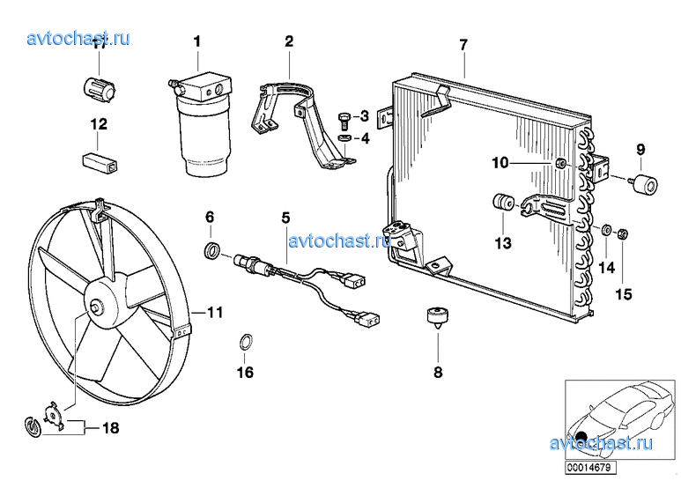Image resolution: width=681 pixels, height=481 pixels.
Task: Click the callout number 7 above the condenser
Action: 463,44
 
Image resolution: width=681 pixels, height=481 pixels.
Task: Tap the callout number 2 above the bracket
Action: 289,41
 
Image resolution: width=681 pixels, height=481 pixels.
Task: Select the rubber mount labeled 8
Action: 437,315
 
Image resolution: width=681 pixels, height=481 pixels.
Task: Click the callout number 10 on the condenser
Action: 500,162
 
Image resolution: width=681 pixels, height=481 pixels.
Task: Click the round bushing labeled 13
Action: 503,202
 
